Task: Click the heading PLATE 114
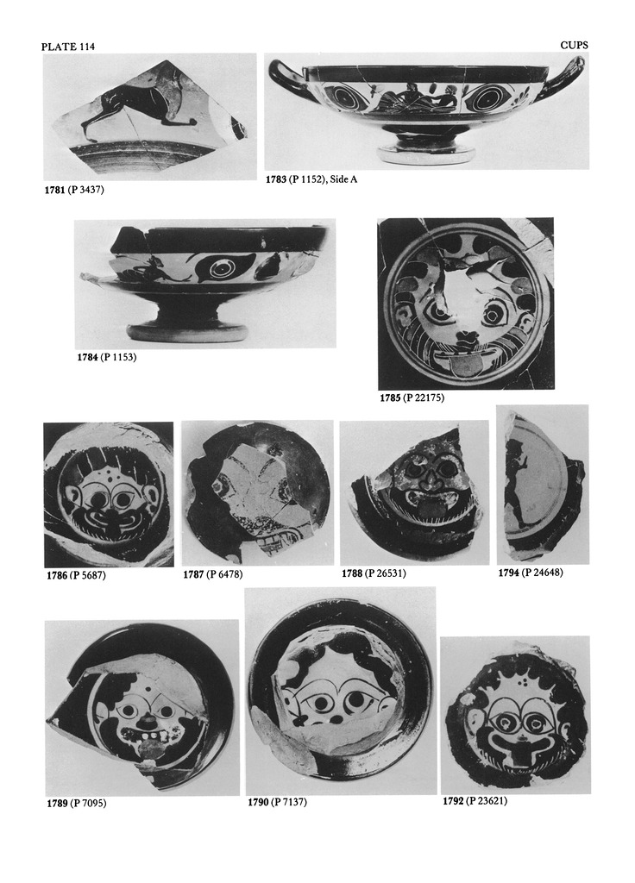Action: [x=67, y=47]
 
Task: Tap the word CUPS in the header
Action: [x=574, y=45]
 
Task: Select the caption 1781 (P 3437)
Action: [x=74, y=190]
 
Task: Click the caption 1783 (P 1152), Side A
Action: [x=311, y=179]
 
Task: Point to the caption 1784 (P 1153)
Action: [x=106, y=357]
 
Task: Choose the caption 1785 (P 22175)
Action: [x=412, y=398]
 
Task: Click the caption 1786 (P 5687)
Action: [x=76, y=575]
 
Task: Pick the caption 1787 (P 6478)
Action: [x=213, y=574]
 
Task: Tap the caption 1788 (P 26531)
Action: [x=374, y=573]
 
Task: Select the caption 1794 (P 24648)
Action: [x=531, y=573]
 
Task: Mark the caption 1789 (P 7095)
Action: [x=76, y=803]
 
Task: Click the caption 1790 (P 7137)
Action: [x=277, y=801]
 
